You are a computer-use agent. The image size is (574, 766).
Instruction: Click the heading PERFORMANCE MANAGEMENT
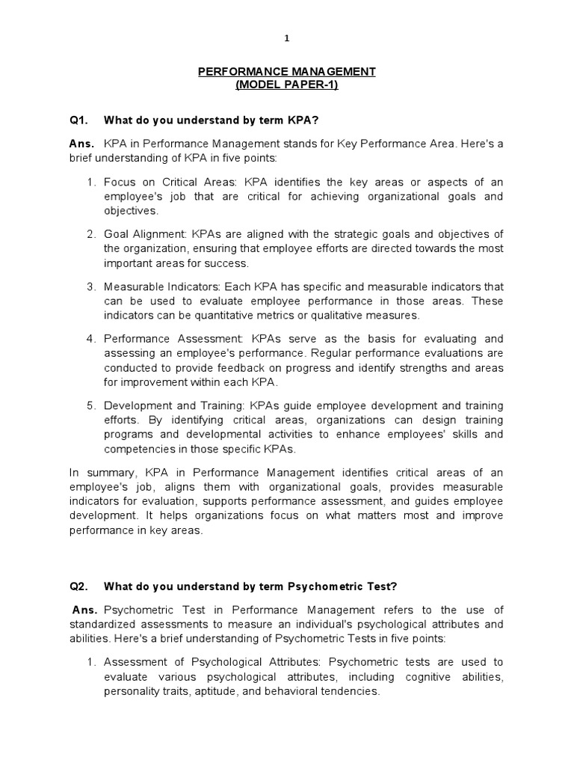coord(287,72)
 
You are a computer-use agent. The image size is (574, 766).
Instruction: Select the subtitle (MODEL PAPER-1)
coord(287,85)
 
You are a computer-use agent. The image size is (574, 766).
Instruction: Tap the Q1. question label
coord(78,119)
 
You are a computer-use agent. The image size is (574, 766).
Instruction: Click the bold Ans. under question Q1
coord(81,143)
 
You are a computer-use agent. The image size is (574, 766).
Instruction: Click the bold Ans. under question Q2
coord(84,610)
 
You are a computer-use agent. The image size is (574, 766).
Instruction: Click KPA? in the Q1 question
coord(307,119)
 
